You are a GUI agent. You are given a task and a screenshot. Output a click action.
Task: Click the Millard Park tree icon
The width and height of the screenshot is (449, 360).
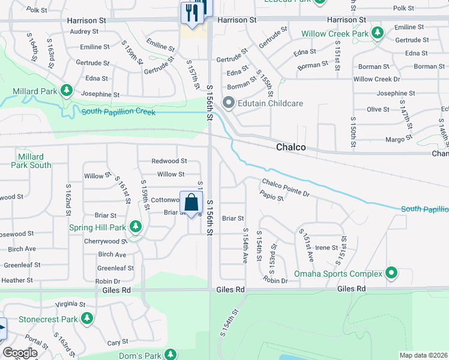click(67, 91)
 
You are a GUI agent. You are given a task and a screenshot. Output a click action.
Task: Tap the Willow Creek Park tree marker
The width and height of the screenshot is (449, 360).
click(378, 33)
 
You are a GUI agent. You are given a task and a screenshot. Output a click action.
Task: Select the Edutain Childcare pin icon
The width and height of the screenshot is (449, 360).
click(228, 103)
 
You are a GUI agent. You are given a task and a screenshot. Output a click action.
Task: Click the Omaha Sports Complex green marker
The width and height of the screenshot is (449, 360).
click(392, 274)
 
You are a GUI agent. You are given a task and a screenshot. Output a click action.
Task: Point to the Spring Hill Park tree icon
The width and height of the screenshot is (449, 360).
click(136, 227)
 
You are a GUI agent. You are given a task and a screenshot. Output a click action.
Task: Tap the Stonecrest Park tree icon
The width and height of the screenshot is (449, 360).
click(88, 319)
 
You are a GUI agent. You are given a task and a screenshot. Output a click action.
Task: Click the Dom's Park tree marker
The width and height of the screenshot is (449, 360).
click(170, 355)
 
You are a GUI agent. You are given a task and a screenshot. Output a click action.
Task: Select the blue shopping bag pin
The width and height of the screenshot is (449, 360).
click(191, 203)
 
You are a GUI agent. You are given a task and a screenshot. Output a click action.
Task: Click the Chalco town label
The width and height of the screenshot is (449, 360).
click(291, 147)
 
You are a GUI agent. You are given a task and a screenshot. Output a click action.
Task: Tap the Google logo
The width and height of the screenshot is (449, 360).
click(20, 353)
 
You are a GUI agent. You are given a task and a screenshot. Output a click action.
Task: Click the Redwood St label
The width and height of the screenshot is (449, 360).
click(169, 161)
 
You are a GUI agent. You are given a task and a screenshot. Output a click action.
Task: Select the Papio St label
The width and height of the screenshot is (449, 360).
click(272, 196)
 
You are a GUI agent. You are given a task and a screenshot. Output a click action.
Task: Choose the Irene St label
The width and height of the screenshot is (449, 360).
click(327, 247)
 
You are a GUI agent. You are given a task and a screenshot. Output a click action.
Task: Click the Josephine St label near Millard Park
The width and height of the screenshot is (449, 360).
click(100, 94)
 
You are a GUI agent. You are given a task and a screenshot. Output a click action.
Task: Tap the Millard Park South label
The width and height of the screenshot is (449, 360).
click(31, 161)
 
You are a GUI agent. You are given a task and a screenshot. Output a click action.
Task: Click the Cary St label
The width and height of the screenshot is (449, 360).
click(113, 343)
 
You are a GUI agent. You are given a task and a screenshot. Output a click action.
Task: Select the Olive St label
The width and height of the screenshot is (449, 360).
click(378, 109)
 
